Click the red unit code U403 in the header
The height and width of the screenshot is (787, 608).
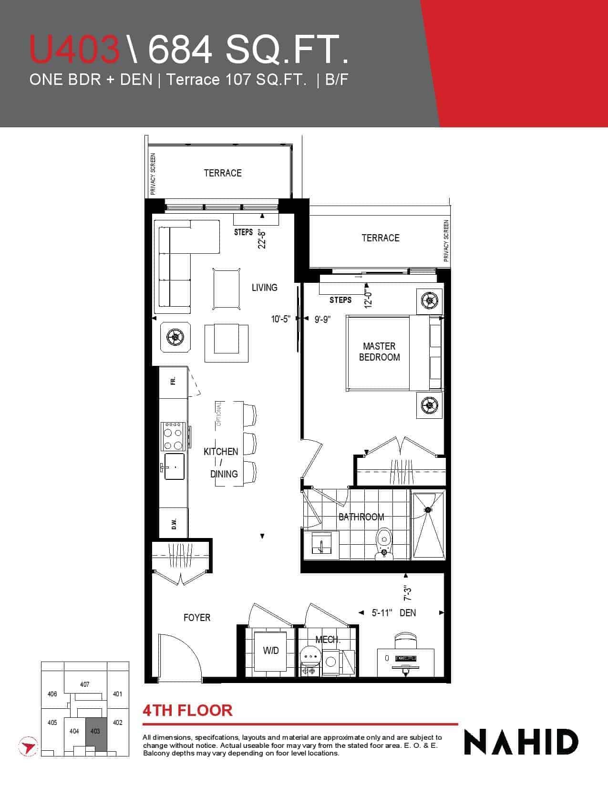74,49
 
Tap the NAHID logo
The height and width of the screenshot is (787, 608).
521,742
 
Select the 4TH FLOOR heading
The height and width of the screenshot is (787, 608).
187,710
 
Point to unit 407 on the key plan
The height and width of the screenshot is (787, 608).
84,684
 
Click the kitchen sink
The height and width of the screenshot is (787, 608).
174,466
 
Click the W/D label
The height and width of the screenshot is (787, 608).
271,651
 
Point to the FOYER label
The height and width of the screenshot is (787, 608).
196,617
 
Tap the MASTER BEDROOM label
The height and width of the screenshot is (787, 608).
379,352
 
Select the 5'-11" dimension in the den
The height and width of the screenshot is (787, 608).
382,612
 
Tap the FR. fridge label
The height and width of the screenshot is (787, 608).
173,381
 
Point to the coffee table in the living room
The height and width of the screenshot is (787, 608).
227,289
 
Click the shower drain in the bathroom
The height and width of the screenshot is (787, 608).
428,509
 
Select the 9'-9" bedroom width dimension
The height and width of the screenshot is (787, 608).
322,319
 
